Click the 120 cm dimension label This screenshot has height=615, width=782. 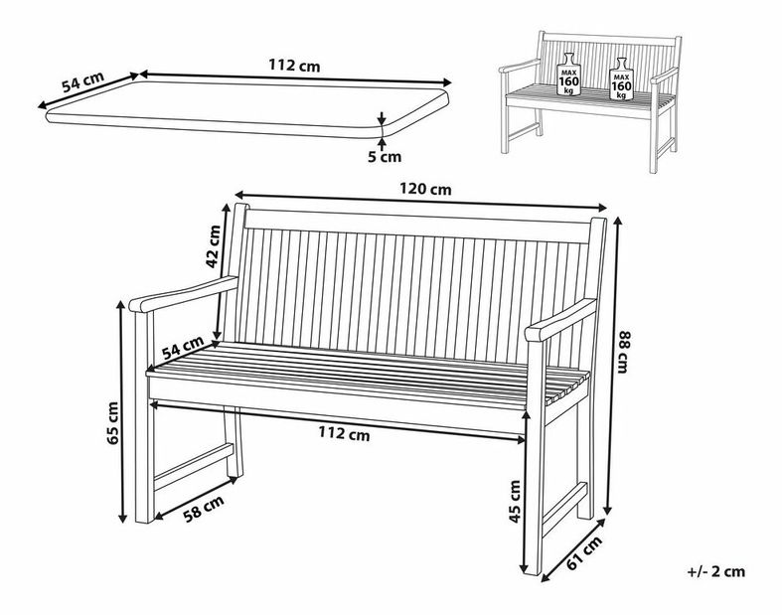[x=425, y=189]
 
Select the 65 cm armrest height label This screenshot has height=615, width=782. [x=112, y=423]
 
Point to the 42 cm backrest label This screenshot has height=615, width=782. [x=213, y=246]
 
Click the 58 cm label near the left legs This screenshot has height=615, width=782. [x=204, y=508]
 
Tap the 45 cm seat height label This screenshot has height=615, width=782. [x=514, y=502]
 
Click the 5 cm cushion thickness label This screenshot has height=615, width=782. [x=385, y=157]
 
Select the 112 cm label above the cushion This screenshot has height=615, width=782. [x=294, y=66]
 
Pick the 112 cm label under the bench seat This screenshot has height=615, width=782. [x=344, y=434]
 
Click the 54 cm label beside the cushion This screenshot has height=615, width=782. [x=82, y=82]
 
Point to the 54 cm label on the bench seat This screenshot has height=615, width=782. [x=183, y=347]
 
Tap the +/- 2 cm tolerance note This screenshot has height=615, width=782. [x=715, y=571]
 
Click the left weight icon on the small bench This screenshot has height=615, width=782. [x=568, y=74]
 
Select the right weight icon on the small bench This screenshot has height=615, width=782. [x=621, y=78]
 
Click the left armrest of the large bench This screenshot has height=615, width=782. [x=184, y=294]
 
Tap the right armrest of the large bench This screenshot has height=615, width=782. [x=560, y=319]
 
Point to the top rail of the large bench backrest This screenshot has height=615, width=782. [x=417, y=226]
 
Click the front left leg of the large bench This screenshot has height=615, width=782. [x=145, y=416]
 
